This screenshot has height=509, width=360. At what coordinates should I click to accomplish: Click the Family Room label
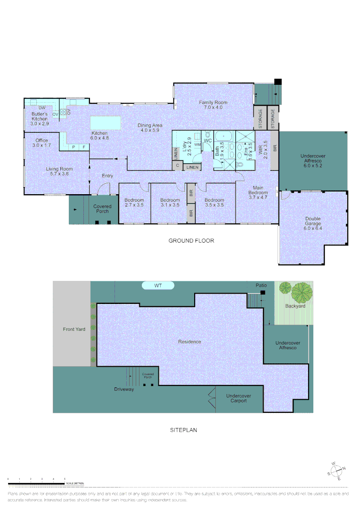tap(213, 105)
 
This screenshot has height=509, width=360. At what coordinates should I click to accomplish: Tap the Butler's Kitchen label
tap(40, 116)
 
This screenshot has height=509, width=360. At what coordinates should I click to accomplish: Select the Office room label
tap(41, 143)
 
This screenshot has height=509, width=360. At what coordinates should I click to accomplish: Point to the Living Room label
tap(59, 171)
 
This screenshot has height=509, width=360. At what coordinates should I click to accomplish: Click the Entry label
tap(107, 176)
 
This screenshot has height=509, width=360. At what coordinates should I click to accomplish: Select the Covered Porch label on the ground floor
tap(102, 209)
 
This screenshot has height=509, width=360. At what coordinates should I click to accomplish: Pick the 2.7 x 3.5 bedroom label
tap(134, 202)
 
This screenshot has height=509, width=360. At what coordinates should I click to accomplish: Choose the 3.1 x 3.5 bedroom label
tap(170, 202)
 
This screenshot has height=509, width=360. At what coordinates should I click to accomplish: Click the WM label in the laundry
tap(197, 144)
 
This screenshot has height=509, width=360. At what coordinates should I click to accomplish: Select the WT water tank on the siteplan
tap(158, 286)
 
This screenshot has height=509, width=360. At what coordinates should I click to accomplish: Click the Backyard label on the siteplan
tap(295, 306)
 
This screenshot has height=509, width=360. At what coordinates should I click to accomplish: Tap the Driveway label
tap(124, 389)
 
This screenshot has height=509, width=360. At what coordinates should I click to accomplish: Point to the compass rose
tap(336, 471)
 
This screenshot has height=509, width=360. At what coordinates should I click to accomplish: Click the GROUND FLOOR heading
tap(191, 241)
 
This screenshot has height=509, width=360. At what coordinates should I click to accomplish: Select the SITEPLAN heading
tap(183, 430)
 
